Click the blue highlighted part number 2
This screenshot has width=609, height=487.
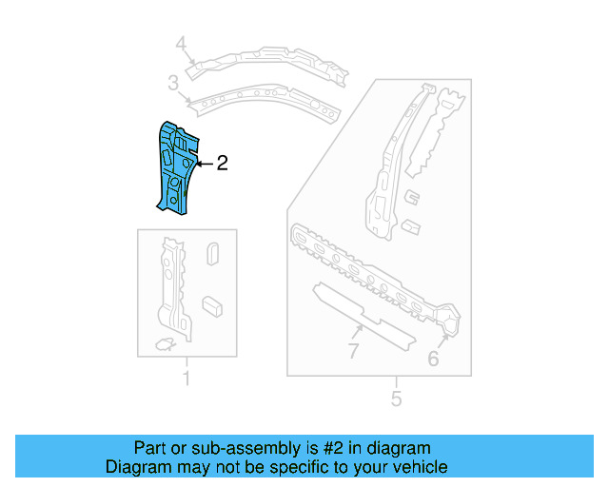click(175, 166)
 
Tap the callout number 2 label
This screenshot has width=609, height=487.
click(222, 164)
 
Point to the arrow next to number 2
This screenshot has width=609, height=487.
click(204, 164)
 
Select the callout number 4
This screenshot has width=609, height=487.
click(181, 43)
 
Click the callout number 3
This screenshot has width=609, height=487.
click(173, 84)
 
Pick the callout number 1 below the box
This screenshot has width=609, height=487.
click(187, 380)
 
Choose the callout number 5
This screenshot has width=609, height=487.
click(397, 398)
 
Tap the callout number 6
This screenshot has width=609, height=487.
click(433, 358)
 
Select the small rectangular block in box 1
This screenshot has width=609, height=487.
click(212, 304)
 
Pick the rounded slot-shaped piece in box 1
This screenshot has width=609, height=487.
click(213, 254)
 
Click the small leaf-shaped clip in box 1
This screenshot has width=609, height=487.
click(164, 342)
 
